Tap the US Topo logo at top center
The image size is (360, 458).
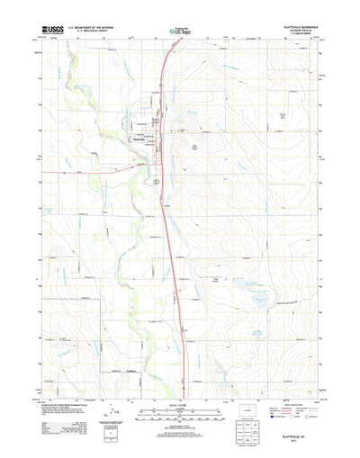pyautogui.click(x=180, y=32)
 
